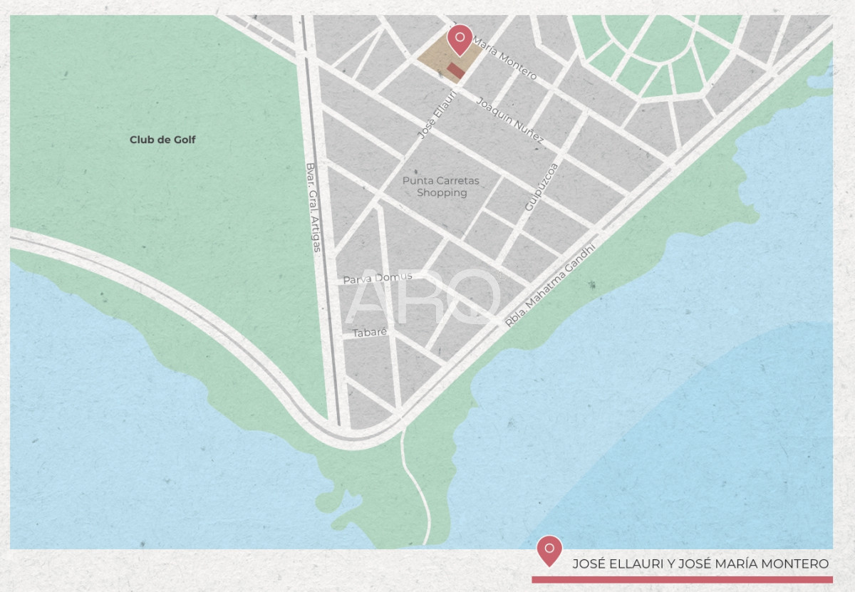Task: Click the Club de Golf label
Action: pyautogui.click(x=162, y=140)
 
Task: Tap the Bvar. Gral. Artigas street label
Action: pyautogui.click(x=313, y=207)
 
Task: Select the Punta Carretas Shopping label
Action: pyautogui.click(x=441, y=187)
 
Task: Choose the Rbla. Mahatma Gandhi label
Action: pyautogui.click(x=549, y=284)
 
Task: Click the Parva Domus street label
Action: pyautogui.click(x=378, y=279)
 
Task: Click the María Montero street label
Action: pyautogui.click(x=504, y=58)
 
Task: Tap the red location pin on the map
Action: pyautogui.click(x=460, y=39)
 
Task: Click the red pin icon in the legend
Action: pyautogui.click(x=549, y=550)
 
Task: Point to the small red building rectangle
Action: pyautogui.click(x=456, y=70)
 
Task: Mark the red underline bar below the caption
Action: pyautogui.click(x=682, y=580)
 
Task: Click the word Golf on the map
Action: pyautogui.click(x=184, y=140)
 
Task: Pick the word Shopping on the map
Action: pyautogui.click(x=442, y=192)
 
